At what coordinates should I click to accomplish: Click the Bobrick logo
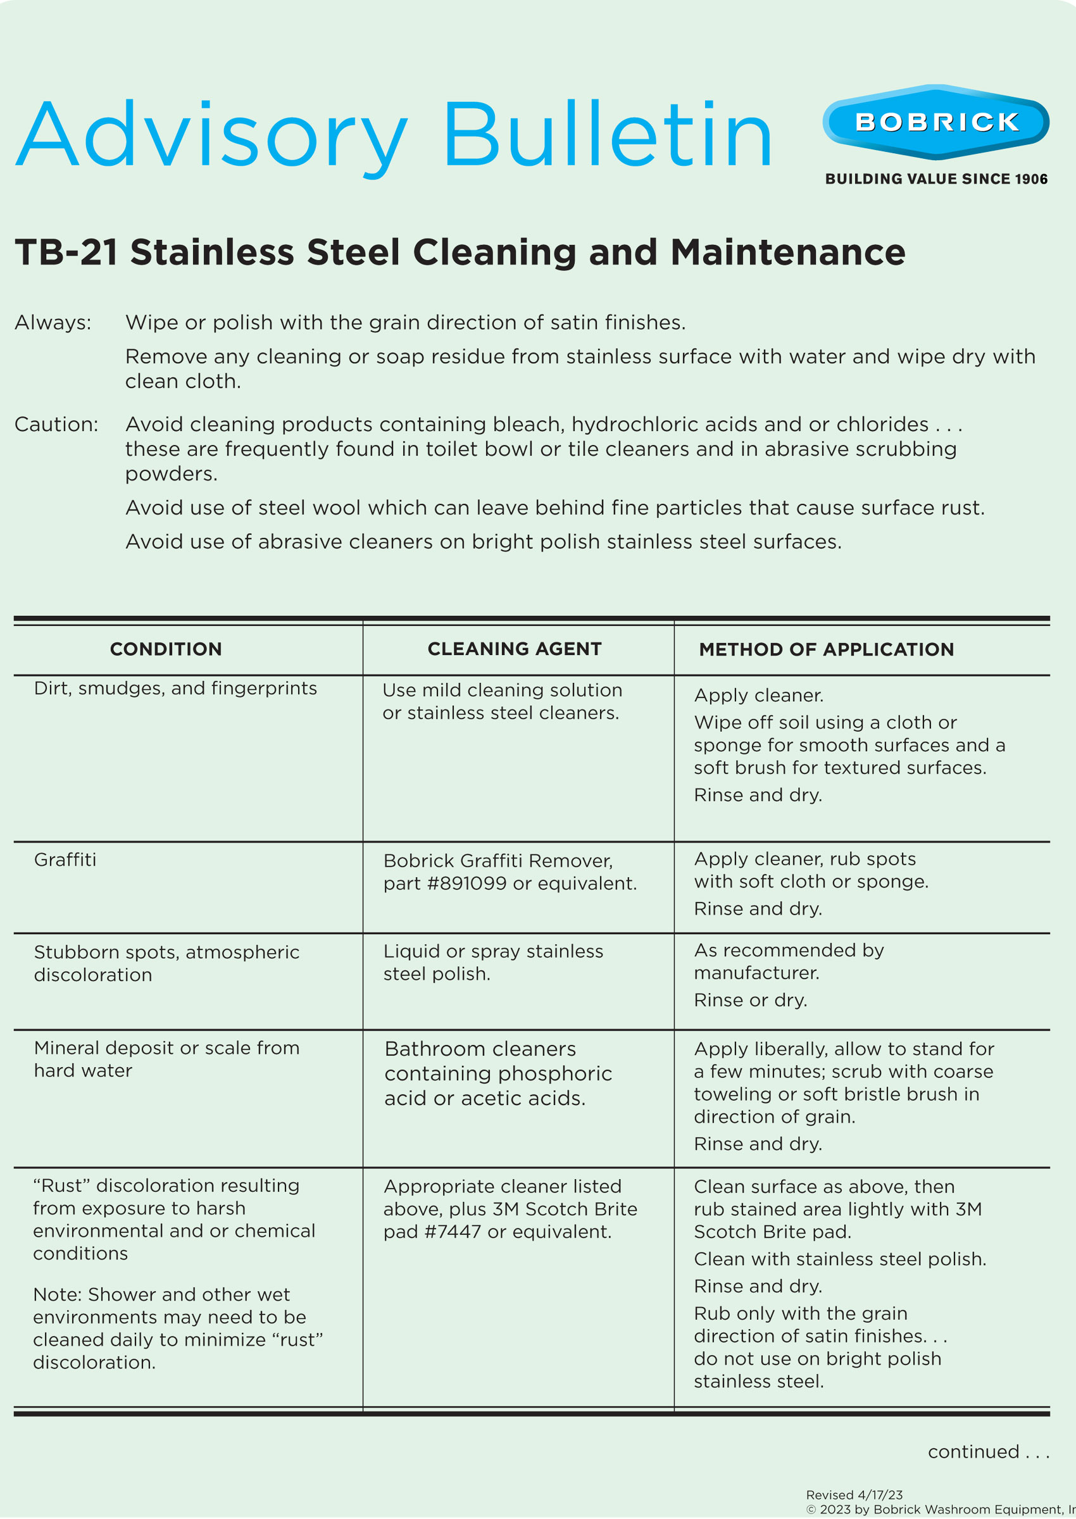(x=935, y=122)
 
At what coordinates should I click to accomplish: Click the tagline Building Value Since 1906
(x=935, y=179)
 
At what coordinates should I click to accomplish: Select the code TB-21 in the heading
(x=66, y=253)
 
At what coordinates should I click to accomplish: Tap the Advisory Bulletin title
(x=394, y=135)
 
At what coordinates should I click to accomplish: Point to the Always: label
(x=53, y=323)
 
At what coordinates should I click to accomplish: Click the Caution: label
(x=56, y=424)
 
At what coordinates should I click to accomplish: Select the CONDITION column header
(x=166, y=649)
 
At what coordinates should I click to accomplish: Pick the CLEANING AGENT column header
(x=514, y=649)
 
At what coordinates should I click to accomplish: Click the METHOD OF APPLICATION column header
(x=826, y=650)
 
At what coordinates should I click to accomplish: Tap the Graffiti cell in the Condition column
(x=65, y=860)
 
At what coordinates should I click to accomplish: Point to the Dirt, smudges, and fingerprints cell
(x=175, y=689)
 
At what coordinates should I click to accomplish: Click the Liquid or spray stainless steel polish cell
(x=493, y=963)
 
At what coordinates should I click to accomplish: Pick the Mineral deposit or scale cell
(x=166, y=1060)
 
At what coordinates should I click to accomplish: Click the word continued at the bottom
(x=973, y=1452)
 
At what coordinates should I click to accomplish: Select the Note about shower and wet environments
(x=178, y=1328)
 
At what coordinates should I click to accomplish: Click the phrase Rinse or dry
(x=750, y=1000)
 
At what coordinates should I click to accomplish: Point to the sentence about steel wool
(x=554, y=508)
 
